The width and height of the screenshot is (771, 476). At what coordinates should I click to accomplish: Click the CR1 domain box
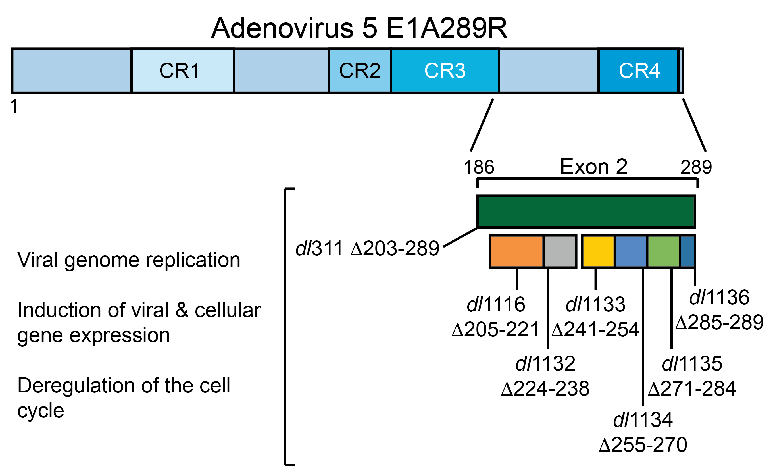(182, 70)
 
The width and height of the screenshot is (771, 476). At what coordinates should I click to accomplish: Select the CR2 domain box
(360, 70)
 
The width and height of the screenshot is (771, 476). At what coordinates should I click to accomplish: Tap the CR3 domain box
(445, 70)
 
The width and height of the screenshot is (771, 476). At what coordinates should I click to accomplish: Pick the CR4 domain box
(639, 70)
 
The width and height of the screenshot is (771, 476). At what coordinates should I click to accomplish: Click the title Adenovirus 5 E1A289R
(359, 28)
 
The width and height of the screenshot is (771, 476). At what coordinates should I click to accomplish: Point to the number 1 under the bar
(14, 106)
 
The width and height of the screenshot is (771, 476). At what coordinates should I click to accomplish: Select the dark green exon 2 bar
(586, 211)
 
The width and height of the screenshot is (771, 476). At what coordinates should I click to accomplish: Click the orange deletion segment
(516, 251)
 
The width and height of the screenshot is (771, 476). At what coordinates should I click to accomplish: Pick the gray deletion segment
(560, 251)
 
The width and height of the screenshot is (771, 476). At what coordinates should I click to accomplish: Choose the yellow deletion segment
(598, 251)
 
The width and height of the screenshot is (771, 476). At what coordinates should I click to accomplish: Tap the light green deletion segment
(663, 251)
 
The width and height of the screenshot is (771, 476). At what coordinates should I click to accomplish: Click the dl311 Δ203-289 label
(367, 248)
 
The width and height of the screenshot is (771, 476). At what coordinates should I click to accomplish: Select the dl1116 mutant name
(496, 304)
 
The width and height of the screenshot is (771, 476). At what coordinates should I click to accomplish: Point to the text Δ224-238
(545, 388)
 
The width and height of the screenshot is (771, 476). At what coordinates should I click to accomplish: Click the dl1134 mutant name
(643, 420)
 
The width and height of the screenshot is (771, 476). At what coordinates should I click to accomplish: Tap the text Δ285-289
(719, 322)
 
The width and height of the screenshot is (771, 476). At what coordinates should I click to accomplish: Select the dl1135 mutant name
(692, 364)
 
